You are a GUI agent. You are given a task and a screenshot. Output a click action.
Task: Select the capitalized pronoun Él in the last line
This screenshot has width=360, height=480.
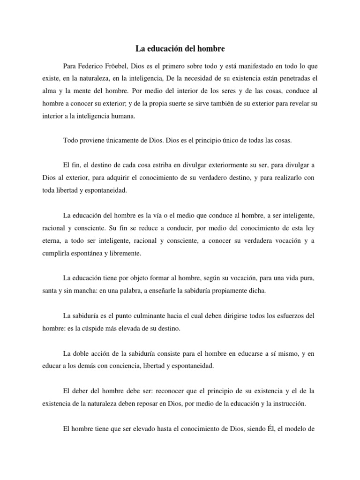click(x=271, y=428)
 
